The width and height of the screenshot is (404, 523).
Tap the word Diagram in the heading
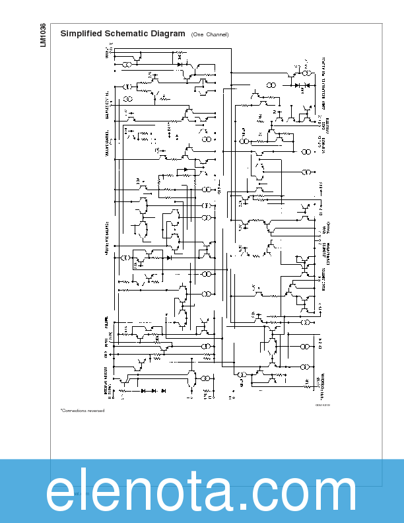(168, 34)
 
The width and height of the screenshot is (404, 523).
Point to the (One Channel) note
(210, 34)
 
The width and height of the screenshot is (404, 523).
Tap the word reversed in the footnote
(96, 410)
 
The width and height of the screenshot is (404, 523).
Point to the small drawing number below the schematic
(322, 405)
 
